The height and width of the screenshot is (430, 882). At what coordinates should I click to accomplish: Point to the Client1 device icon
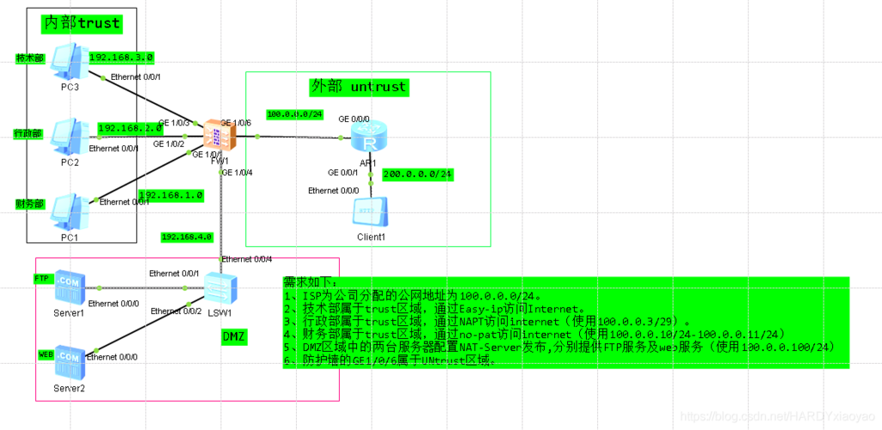click(x=371, y=212)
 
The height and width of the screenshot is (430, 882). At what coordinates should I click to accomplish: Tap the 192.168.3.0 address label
click(x=121, y=58)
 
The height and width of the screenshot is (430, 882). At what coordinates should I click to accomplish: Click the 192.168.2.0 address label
click(x=130, y=128)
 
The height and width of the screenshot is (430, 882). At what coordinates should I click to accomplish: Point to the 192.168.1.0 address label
click(x=170, y=195)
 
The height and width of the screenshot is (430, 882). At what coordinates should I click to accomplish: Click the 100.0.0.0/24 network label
click(x=294, y=114)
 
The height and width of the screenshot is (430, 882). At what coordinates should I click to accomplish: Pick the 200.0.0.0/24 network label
click(x=417, y=174)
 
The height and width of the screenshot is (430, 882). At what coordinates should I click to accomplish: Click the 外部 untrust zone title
click(x=358, y=86)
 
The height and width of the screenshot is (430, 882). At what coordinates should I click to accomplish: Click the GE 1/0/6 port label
click(x=236, y=123)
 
